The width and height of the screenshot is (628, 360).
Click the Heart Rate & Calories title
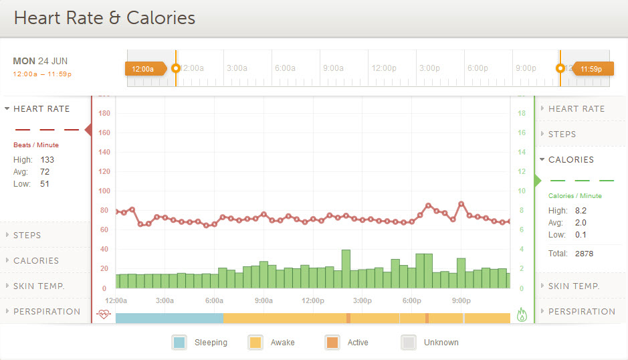point(104,17)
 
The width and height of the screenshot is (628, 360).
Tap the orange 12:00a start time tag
point(144,68)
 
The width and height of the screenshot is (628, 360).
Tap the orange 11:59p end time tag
point(591,68)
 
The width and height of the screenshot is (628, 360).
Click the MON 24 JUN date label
point(40,61)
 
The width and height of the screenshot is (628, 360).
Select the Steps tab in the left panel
point(27,235)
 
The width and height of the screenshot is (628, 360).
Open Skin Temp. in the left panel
point(39,286)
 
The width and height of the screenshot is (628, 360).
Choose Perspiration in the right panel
point(581,311)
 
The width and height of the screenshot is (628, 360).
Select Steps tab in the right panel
point(562,134)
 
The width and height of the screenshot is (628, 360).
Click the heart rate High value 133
point(47,160)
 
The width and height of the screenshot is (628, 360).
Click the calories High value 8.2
point(581,211)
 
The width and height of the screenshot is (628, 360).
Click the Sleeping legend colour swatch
point(179,343)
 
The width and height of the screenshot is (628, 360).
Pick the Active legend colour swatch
point(332,343)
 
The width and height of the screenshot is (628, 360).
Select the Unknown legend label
point(441,343)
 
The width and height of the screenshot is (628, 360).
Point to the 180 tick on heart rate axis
point(104,113)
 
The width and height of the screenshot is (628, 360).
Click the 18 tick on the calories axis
point(522,113)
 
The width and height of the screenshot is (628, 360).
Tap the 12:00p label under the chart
point(313,300)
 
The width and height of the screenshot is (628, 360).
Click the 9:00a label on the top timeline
point(333,68)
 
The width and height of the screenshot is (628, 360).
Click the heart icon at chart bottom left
point(103,313)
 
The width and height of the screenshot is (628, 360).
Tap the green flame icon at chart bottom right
point(522,314)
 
